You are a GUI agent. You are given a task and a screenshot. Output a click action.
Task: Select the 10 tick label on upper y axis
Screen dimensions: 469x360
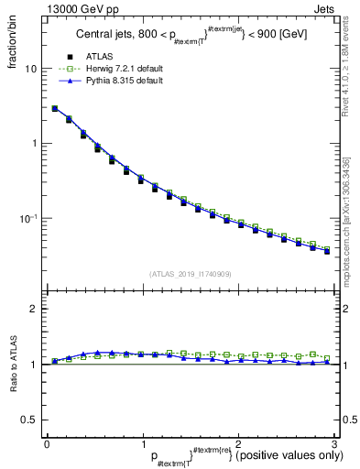(x=31, y=70)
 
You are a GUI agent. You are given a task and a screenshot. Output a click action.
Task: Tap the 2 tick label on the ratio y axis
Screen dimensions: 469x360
(x=34, y=309)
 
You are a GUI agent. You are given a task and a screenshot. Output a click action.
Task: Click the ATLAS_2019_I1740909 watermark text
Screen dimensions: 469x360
(x=190, y=274)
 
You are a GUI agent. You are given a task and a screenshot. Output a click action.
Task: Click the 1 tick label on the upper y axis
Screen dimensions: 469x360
(x=35, y=144)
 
